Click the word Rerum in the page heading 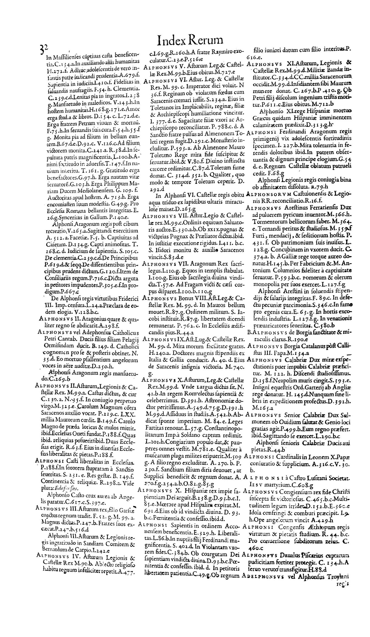(205, 41)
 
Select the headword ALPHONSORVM (264, 194)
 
